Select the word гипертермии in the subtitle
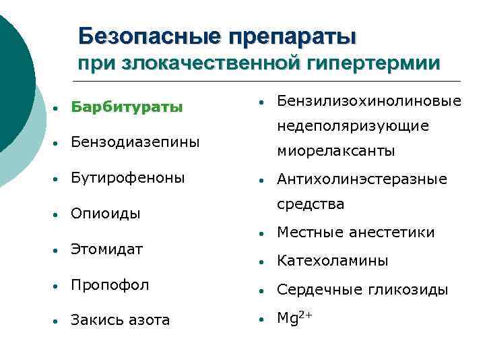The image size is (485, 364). click(x=375, y=63)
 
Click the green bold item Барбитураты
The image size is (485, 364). click(x=127, y=107)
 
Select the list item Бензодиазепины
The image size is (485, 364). click(x=135, y=142)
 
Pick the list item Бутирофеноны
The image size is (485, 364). click(x=127, y=178)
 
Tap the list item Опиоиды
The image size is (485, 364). click(x=105, y=214)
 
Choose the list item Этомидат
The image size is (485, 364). click(x=106, y=249)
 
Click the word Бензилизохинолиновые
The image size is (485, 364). click(x=369, y=101)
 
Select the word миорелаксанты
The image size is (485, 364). click(x=336, y=151)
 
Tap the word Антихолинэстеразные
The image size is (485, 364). click(x=362, y=179)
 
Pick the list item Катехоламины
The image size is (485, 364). click(x=333, y=261)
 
